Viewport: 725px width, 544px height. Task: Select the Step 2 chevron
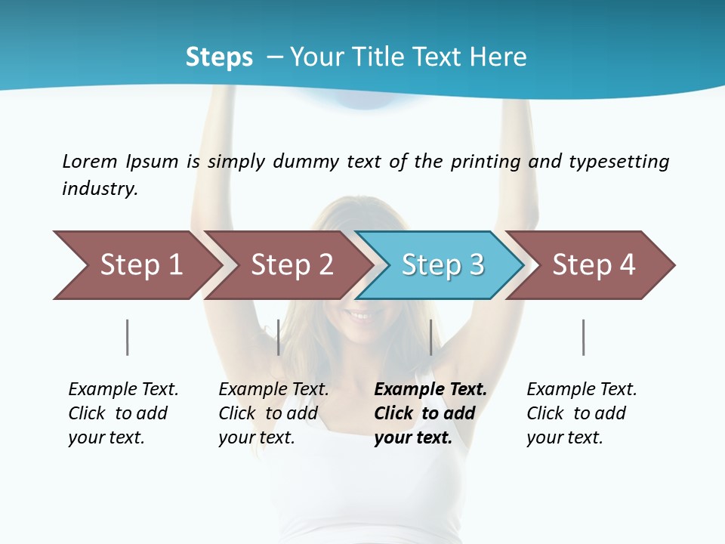291,265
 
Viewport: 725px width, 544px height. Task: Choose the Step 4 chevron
593,265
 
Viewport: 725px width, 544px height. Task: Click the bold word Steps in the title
219,57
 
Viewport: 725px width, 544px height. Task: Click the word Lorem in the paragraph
90,161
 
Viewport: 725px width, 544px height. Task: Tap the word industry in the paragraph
100,188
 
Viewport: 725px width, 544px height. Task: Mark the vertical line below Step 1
128,337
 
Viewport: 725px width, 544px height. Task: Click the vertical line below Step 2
279,337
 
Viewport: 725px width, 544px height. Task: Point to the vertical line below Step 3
430,337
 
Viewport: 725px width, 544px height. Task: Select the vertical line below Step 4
583,337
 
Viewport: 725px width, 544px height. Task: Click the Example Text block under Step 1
122,413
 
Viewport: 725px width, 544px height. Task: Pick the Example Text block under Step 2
273,413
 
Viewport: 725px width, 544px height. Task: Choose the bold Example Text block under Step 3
429,413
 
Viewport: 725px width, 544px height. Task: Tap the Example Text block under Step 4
581,413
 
